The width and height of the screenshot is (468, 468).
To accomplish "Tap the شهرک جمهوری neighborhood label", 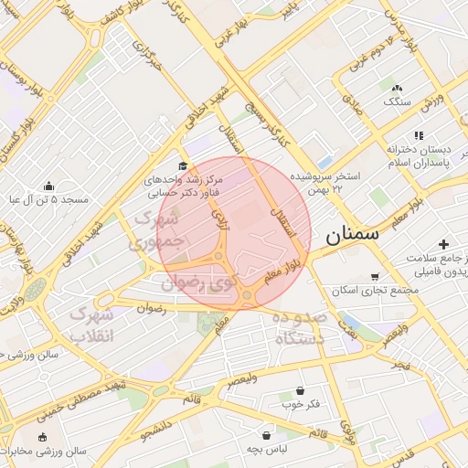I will [x=159, y=232].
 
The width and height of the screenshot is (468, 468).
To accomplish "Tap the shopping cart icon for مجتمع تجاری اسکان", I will [x=375, y=276].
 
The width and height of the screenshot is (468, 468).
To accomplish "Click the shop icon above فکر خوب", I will [x=300, y=390].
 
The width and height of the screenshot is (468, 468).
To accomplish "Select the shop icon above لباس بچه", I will [x=266, y=436].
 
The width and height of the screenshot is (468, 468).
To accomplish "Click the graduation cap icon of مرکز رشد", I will [x=183, y=166].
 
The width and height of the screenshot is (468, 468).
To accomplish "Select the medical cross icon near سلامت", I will [x=443, y=244].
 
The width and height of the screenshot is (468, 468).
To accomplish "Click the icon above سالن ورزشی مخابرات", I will [x=42, y=437].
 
